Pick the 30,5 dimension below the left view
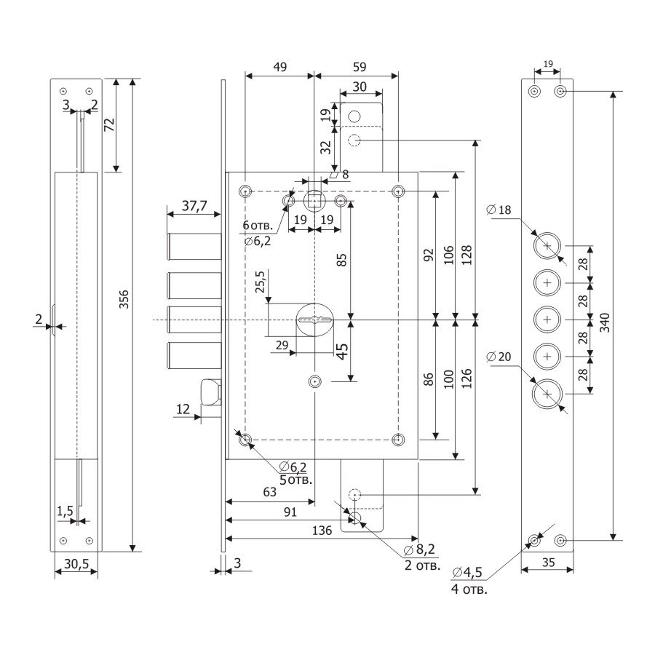(x=76, y=563)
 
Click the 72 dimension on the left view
(x=110, y=125)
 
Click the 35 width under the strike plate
(x=548, y=561)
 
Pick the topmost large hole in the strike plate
(x=547, y=247)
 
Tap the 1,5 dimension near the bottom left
(x=65, y=511)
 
